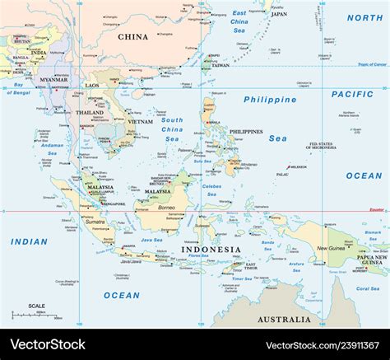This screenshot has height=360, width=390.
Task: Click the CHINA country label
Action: point(132,36)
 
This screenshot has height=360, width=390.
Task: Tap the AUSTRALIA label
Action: point(284,319)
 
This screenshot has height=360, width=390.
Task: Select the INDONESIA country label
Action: point(211,250)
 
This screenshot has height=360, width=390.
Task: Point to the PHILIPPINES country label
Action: point(246,131)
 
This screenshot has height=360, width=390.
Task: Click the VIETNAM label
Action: point(140,121)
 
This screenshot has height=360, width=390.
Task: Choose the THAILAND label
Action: point(90,112)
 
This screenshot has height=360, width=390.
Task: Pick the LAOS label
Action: point(92,86)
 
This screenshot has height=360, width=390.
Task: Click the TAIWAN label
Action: point(221,65)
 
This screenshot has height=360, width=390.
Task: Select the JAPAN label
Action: point(279,14)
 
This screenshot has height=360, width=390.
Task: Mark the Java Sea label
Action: point(151,240)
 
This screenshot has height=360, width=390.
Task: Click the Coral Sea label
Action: point(368,288)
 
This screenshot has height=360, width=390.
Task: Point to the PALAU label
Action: point(282,175)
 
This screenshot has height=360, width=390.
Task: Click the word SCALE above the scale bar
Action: point(37,306)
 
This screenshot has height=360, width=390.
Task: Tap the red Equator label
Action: point(375,209)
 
